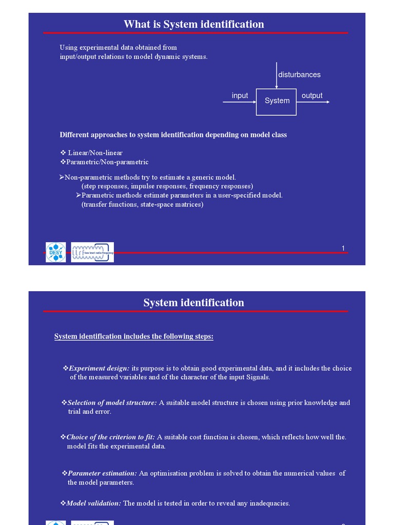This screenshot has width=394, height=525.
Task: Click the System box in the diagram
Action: tap(276, 101)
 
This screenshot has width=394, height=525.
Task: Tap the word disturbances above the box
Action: tap(299, 75)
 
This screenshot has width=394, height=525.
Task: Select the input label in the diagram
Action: tap(240, 96)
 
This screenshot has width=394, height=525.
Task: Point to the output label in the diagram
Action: tap(312, 96)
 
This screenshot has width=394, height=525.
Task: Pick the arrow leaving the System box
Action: tap(313, 102)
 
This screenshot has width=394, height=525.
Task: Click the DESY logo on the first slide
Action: tap(55, 252)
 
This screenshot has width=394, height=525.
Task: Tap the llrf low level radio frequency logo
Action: tap(92, 252)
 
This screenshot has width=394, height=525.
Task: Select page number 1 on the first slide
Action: tap(343, 249)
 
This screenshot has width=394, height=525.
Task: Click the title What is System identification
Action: tap(194, 24)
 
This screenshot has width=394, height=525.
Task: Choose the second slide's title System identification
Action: tap(194, 302)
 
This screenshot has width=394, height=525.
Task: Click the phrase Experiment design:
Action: tap(99, 369)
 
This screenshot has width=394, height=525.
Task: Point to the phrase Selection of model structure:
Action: tap(112, 403)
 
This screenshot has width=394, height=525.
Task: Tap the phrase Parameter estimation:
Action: tap(102, 473)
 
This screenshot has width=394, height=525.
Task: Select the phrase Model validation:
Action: tap(94, 503)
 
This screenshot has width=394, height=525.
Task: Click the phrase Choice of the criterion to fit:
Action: tap(110, 437)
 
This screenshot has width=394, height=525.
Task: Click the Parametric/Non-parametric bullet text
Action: tap(107, 162)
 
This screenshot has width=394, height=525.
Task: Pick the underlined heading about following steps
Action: tap(134, 337)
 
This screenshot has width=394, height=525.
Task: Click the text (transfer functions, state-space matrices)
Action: tap(142, 205)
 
